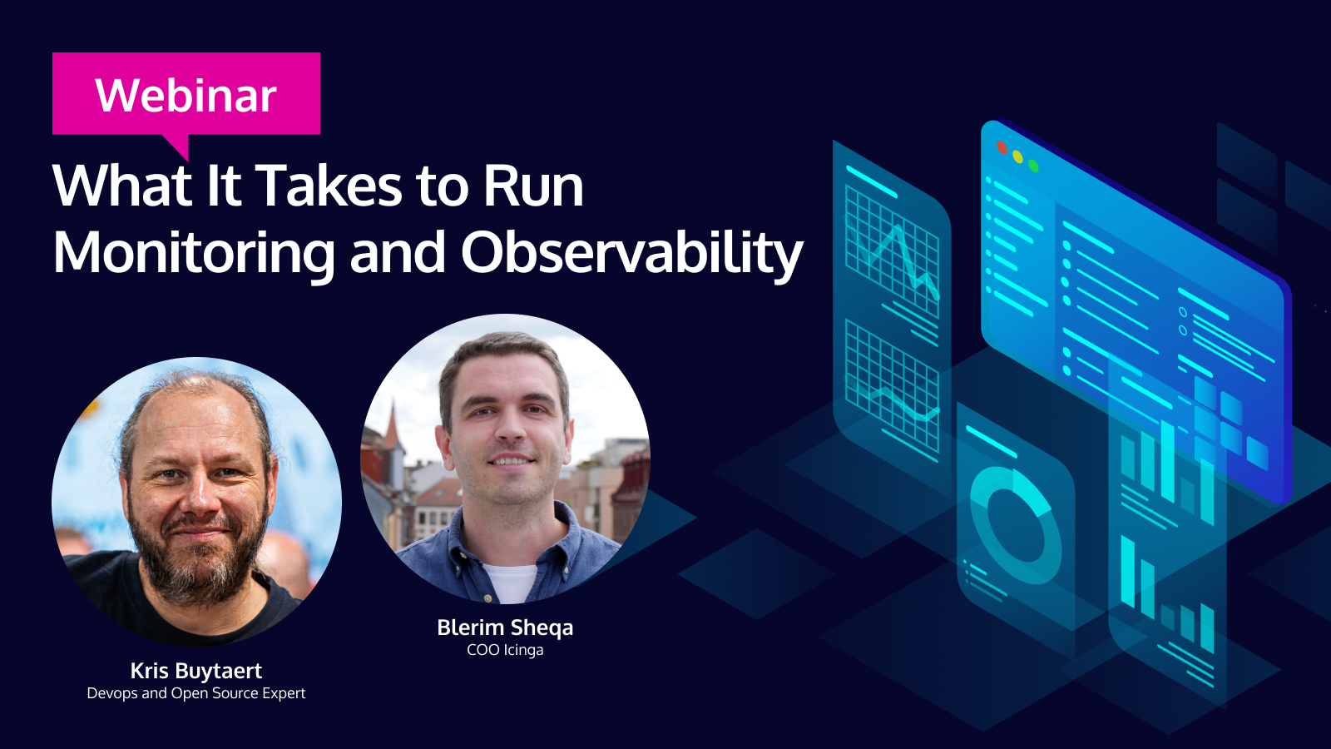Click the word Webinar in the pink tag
[x=186, y=95]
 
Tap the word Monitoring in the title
[x=194, y=254]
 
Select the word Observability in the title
[x=632, y=253]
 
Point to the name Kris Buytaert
[x=196, y=671]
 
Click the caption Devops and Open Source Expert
[x=196, y=693]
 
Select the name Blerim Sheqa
[x=505, y=627]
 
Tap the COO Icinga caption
[x=505, y=650]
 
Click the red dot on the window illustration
[x=1002, y=147]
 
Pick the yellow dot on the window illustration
[x=1018, y=157]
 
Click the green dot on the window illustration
[x=1034, y=166]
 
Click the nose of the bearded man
[x=199, y=499]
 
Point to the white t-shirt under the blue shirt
[x=511, y=582]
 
